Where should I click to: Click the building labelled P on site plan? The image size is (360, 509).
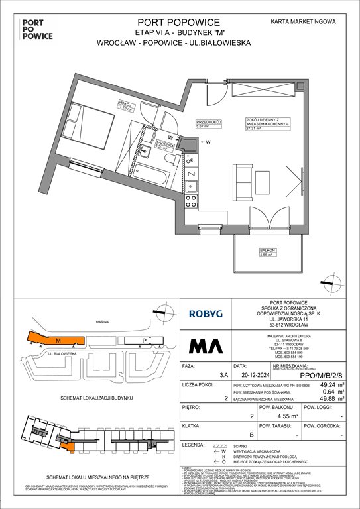coord(144,341)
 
